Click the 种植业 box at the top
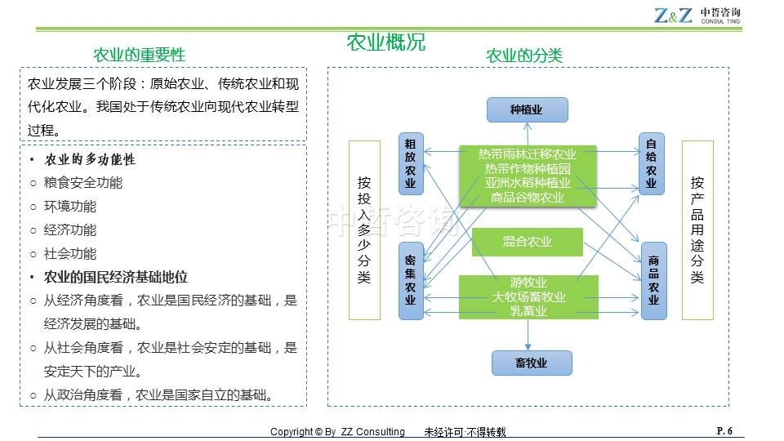(527, 109)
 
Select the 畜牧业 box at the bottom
(531, 363)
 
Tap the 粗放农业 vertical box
(411, 163)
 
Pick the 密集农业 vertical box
(411, 279)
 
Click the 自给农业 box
(652, 163)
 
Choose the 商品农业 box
(653, 280)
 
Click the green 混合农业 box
(527, 242)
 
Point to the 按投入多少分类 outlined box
(364, 230)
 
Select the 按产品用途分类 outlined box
(697, 230)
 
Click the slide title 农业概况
(386, 42)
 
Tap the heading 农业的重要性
(140, 55)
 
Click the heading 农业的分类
(524, 56)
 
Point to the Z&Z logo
(672, 16)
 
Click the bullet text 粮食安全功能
(83, 183)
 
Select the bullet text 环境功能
(70, 207)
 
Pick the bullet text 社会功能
(70, 253)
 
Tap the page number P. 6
(724, 430)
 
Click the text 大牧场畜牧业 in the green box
(528, 296)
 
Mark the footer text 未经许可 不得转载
(465, 432)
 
